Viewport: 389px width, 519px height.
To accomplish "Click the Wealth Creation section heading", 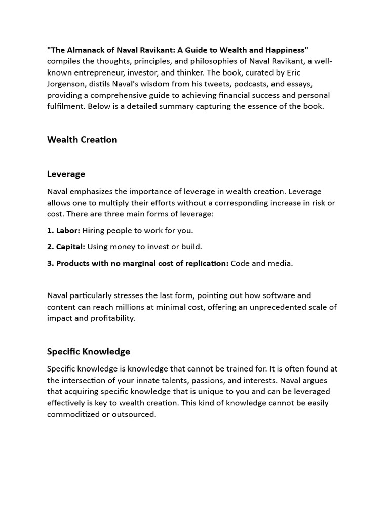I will click(82, 140).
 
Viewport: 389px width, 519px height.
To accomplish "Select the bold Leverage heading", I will click(66, 174).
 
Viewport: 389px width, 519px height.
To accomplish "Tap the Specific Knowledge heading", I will click(89, 351).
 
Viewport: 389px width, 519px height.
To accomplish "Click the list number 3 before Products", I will click(50, 263).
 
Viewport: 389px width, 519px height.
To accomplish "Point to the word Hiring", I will click(95, 230).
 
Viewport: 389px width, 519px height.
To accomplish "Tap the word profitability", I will click(109, 318).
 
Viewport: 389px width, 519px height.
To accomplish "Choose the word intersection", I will click(85, 380).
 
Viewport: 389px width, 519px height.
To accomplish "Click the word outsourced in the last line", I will click(137, 414).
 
